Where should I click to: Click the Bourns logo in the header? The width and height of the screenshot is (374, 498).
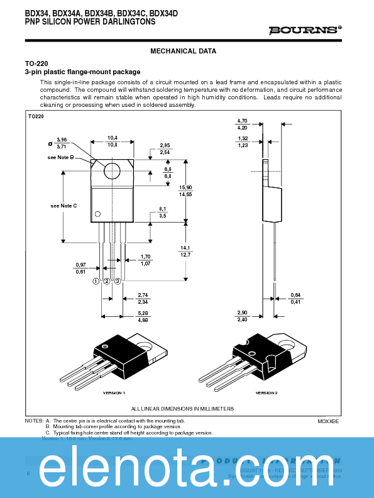(x=304, y=30)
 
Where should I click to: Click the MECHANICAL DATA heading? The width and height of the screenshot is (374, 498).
(x=184, y=52)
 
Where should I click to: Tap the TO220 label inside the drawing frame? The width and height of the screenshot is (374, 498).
(x=36, y=117)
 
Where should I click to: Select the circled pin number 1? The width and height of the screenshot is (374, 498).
(x=97, y=281)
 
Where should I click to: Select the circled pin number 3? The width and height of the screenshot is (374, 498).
(x=118, y=281)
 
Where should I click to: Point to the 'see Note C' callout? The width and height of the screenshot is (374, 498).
(x=63, y=206)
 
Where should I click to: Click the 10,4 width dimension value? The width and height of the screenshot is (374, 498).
(x=112, y=138)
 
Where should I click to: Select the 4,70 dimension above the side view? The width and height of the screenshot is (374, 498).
(x=242, y=120)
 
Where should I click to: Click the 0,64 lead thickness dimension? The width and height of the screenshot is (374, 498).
(x=295, y=295)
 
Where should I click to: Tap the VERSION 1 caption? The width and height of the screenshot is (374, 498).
(x=114, y=392)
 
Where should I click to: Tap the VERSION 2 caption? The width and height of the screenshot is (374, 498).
(x=267, y=392)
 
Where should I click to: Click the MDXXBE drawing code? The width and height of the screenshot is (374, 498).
(x=328, y=421)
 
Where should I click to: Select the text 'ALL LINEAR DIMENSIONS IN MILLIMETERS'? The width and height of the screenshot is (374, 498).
(x=182, y=409)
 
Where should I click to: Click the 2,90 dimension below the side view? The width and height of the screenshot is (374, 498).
(x=242, y=313)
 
